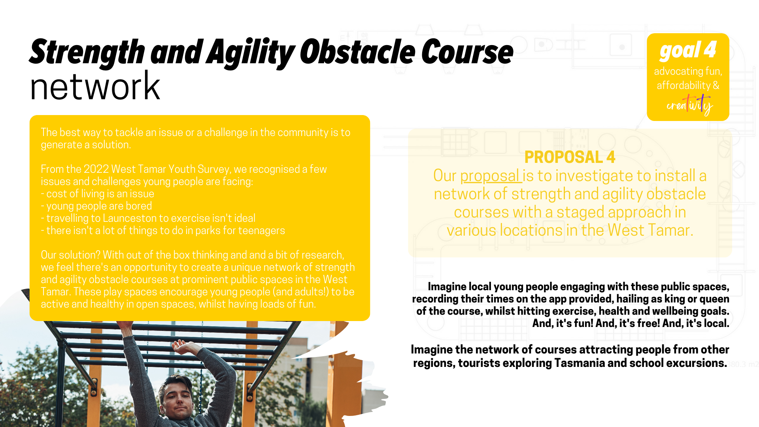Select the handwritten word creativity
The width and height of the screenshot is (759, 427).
689,105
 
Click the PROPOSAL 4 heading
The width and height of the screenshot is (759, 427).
570,157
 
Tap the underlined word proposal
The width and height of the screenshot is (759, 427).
490,176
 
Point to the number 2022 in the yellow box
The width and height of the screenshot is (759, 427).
96,169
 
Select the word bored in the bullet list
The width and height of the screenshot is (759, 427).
139,206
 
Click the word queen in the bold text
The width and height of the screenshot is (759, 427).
714,299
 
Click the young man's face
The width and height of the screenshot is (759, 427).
177,403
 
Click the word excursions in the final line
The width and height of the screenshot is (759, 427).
697,363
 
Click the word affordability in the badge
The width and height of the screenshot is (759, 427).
684,85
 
